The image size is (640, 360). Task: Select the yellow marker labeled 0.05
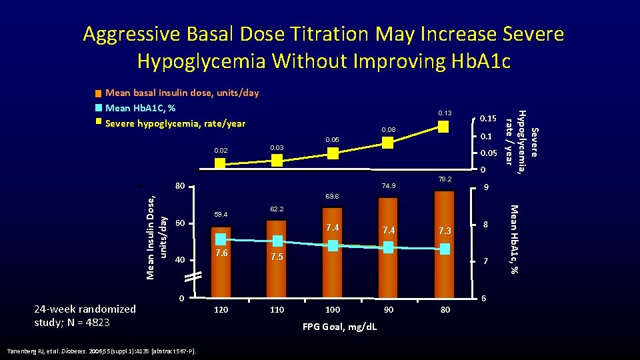coord(333,153)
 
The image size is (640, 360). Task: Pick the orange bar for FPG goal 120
coord(221,263)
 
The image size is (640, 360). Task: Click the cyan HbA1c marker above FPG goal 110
coord(277,241)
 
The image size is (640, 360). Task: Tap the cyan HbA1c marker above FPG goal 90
coord(389,247)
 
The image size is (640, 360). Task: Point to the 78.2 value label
coord(445,179)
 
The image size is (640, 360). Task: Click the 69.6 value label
coord(333,197)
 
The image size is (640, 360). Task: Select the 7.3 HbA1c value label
coord(445,231)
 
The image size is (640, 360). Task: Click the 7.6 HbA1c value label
coord(221,253)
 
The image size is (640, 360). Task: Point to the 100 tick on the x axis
coord(333,310)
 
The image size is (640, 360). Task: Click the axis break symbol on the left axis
coord(193,277)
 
